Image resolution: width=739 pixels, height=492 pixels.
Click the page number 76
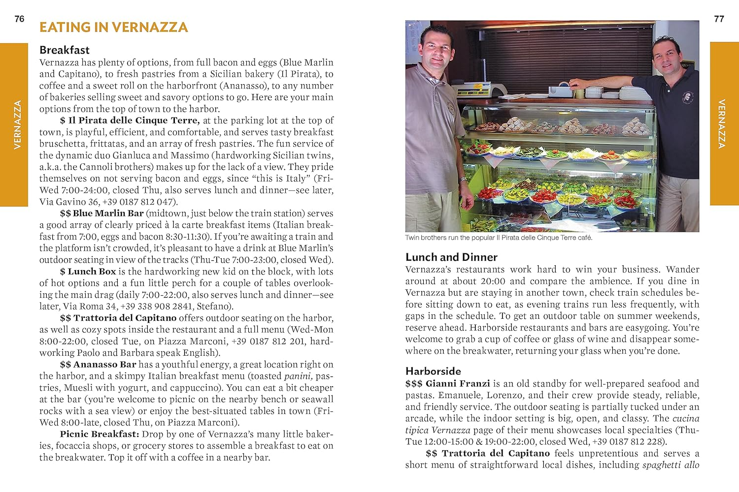click(19, 19)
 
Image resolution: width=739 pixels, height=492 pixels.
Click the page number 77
click(719, 19)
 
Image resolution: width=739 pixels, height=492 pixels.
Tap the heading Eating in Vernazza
click(113, 27)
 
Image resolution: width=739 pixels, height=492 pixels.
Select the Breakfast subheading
click(65, 50)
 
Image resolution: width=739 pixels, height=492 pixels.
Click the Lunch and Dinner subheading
click(451, 257)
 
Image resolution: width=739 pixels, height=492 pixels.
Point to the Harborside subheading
click(433, 371)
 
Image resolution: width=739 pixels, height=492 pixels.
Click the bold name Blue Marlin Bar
click(108, 213)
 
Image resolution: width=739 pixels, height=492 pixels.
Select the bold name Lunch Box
click(92, 271)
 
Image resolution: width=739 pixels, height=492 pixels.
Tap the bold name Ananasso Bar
click(104, 365)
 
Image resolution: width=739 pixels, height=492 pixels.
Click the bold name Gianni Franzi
click(458, 383)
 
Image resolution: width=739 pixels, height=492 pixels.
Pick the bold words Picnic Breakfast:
click(100, 434)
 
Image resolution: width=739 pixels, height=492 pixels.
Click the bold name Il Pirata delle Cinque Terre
click(134, 121)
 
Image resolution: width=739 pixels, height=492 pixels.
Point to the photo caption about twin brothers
click(499, 238)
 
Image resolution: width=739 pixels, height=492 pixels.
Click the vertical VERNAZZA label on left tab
click(18, 124)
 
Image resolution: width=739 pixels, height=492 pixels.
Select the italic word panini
click(297, 376)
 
